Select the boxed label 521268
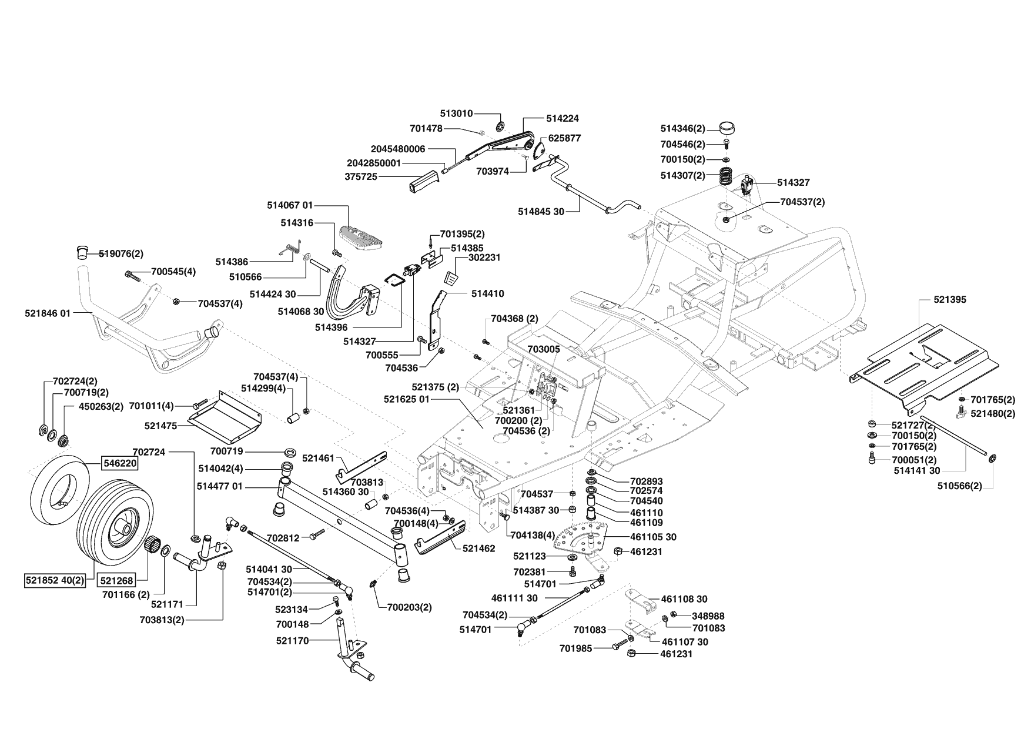pyautogui.click(x=115, y=580)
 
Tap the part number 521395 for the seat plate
pyautogui.click(x=949, y=300)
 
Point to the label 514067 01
pyautogui.click(x=290, y=205)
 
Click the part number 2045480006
pyautogui.click(x=398, y=149)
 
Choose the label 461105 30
pyautogui.click(x=653, y=537)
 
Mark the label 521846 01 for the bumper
pyautogui.click(x=48, y=313)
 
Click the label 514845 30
pyautogui.click(x=541, y=211)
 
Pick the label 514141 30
pyautogui.click(x=917, y=470)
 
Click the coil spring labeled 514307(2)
pyautogui.click(x=728, y=176)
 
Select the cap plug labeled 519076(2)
pyautogui.click(x=82, y=253)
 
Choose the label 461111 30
pyautogui.click(x=514, y=598)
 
